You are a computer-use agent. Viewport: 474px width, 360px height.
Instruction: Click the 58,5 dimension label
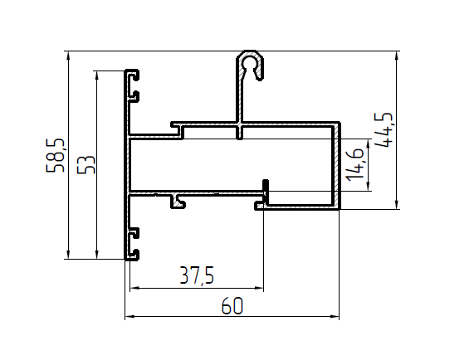(x=56, y=156)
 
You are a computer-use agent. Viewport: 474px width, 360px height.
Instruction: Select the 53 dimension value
(x=86, y=164)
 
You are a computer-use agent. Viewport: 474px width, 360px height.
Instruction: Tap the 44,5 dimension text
(x=384, y=130)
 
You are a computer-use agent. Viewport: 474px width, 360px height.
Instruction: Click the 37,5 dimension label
(x=197, y=275)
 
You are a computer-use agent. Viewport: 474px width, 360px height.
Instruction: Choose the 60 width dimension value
(x=232, y=306)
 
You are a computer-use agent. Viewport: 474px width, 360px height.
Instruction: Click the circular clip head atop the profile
(x=250, y=62)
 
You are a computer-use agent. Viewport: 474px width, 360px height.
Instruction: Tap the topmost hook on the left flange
(x=134, y=75)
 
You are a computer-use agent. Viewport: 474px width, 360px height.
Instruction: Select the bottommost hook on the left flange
(x=134, y=255)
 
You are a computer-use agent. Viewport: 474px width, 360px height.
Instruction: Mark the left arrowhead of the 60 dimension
(x=129, y=317)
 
